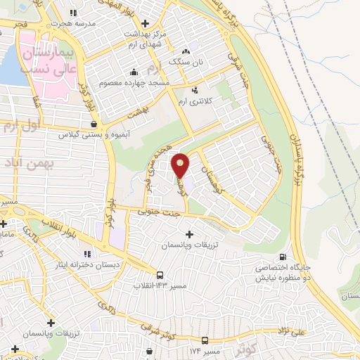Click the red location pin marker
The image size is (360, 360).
click(181, 165)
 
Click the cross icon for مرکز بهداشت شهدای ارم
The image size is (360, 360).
click(145, 22)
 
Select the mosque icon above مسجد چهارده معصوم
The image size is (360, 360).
click(134, 72)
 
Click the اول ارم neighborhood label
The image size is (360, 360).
click(19, 127)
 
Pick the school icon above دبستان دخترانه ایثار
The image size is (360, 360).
click(88, 253)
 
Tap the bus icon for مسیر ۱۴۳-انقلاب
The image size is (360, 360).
click(160, 275)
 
